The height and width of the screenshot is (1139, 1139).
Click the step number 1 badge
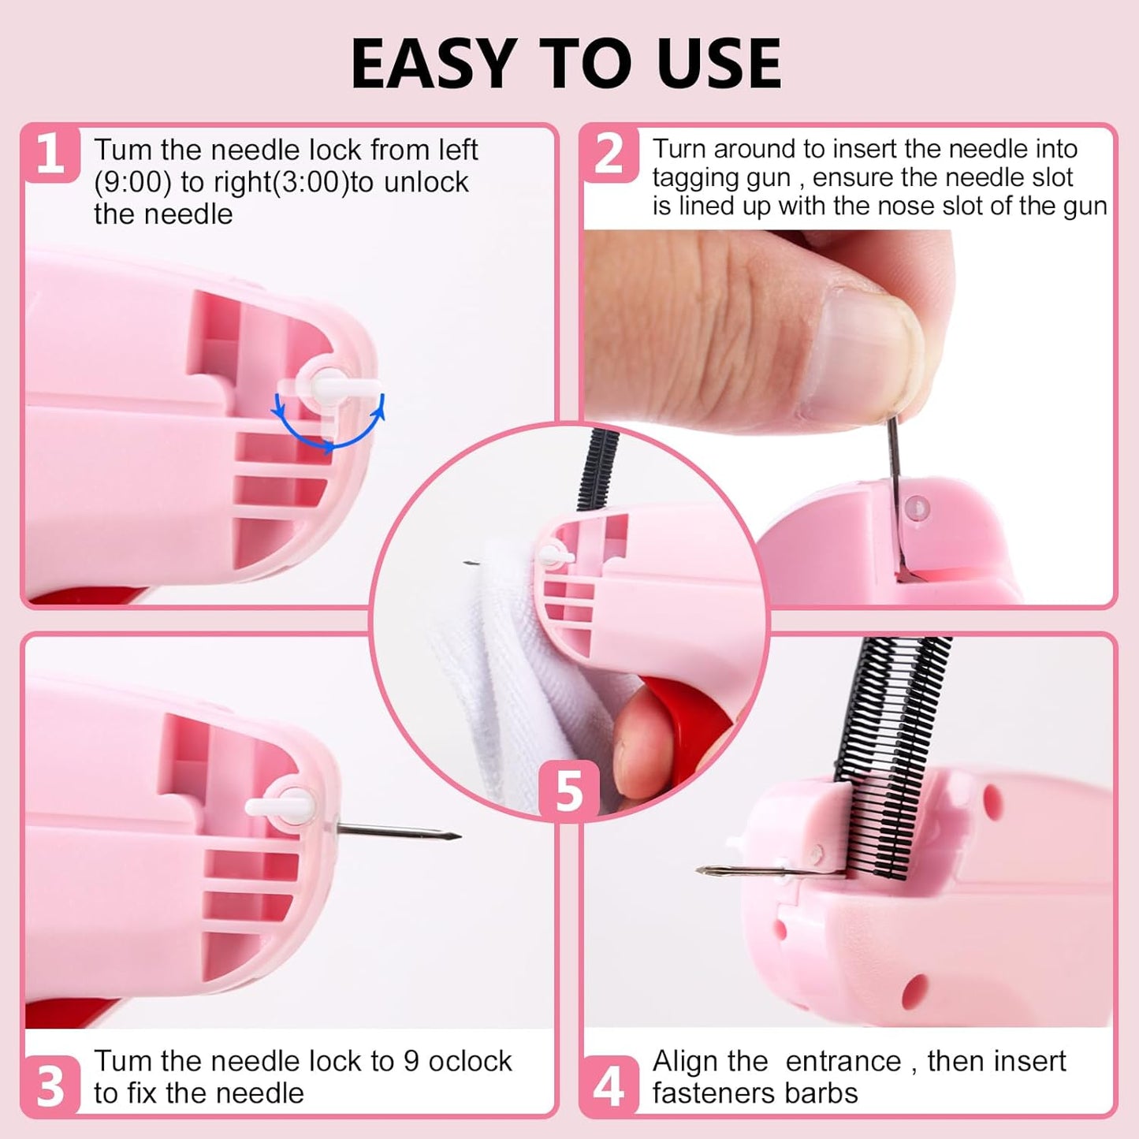[x=50, y=154]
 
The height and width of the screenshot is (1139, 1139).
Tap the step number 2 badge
[x=609, y=154]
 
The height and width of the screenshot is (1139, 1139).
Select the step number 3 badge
[x=50, y=1085]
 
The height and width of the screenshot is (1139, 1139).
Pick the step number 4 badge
[x=609, y=1085]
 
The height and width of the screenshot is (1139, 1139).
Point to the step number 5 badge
[x=568, y=790]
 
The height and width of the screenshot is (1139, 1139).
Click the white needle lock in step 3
[x=280, y=806]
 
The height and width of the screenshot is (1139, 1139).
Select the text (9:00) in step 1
[x=132, y=182]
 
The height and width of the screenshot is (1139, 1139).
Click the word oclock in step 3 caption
[x=470, y=1061]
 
